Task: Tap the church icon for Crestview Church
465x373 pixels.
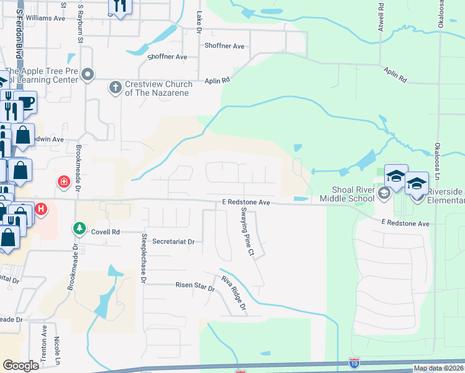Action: click(115, 88)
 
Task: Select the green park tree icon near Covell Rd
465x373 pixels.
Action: click(79, 229)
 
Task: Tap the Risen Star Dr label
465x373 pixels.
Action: click(194, 288)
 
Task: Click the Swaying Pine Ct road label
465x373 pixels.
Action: click(247, 231)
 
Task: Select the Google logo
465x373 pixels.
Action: click(21, 366)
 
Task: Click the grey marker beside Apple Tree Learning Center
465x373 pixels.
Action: click(88, 75)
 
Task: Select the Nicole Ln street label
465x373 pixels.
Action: click(57, 351)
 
